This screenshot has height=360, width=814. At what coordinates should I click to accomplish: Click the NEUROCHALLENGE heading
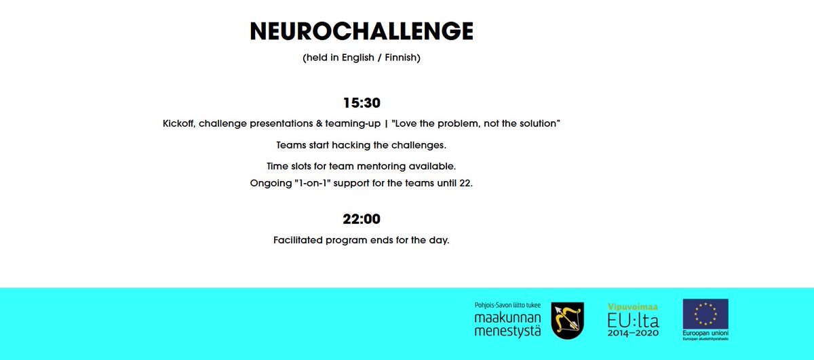pos(362,31)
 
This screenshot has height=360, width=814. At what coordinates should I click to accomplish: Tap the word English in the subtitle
pos(357,58)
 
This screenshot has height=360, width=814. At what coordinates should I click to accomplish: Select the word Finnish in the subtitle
pos(400,58)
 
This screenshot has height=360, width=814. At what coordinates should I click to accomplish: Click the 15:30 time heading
pos(362,103)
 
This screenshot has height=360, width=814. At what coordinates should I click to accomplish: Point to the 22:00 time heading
pos(362,219)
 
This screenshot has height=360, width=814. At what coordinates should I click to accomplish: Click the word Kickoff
pos(178,123)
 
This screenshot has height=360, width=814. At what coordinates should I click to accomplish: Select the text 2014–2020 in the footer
pos(632,334)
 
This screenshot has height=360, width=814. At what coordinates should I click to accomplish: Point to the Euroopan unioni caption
pos(705,334)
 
